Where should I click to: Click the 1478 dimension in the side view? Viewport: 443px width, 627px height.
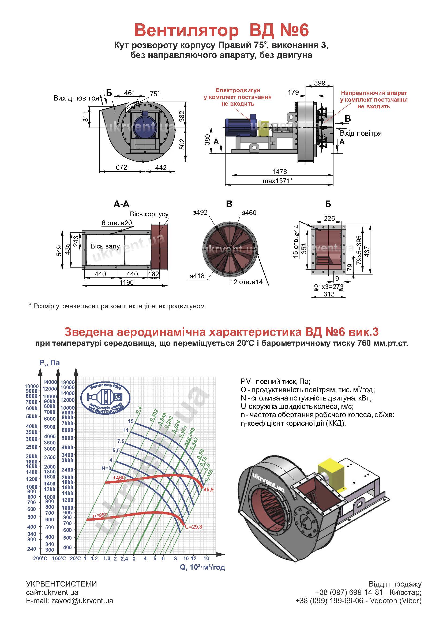point(280,171)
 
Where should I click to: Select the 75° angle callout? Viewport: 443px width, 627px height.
point(155,94)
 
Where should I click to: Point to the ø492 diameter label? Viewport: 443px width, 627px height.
point(200,212)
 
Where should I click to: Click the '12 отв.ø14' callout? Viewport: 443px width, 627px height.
point(246,281)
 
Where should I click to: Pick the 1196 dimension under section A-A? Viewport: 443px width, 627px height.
point(127,282)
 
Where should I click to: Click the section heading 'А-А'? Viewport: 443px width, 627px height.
point(121,204)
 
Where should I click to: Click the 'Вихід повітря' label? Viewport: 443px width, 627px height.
point(76,98)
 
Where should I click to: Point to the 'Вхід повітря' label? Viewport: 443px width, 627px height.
point(361,133)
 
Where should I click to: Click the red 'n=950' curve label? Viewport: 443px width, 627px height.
point(100,515)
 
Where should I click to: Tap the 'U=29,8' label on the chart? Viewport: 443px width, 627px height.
point(193,527)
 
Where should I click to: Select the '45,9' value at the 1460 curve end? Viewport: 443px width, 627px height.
point(208,490)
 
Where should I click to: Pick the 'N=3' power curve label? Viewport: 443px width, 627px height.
point(106,468)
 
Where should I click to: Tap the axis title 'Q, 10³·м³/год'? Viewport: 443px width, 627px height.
point(202,567)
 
